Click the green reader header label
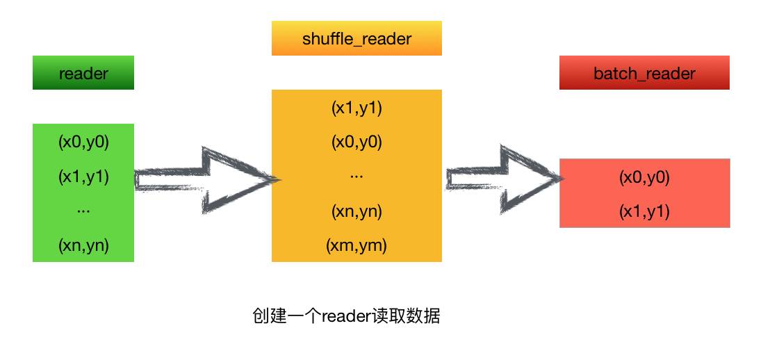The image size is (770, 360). (83, 73)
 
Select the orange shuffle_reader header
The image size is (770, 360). (357, 39)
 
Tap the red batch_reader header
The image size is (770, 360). (644, 73)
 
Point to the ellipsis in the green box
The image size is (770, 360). (83, 210)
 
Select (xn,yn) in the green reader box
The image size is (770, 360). (83, 245)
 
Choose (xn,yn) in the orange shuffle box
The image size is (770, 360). (357, 211)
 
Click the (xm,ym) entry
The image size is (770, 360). (357, 245)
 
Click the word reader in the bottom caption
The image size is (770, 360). (345, 317)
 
